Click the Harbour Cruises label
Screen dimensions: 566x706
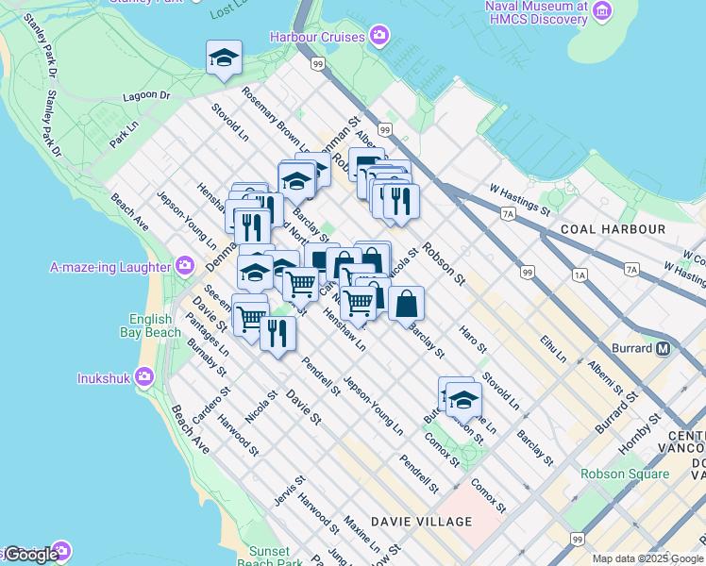317,37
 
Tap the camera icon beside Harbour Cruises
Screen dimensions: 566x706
379,37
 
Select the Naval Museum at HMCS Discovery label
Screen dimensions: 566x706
536,12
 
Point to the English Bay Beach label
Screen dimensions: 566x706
150,325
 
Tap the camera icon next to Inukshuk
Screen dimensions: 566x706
143,377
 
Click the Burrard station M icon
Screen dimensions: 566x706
663,348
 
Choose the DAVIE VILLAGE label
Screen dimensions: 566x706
421,522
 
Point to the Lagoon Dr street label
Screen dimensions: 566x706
146,96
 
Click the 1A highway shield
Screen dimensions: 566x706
580,275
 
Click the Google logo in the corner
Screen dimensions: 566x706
30,554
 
